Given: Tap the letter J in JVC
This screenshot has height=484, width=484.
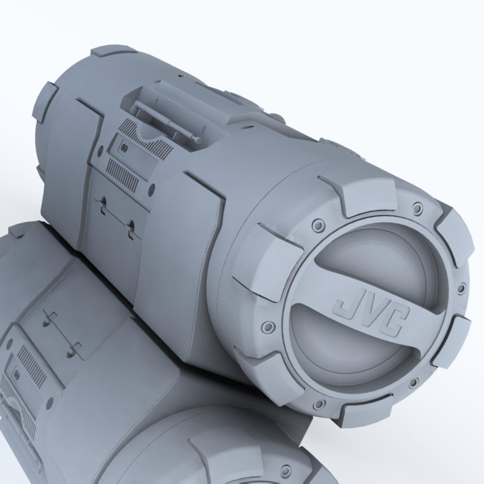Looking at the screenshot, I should point(346,306).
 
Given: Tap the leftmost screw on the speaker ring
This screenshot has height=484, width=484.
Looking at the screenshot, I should point(268,327).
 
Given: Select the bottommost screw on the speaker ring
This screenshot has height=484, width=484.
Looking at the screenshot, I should point(319,404).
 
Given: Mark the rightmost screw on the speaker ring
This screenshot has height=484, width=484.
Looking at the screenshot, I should point(460,289).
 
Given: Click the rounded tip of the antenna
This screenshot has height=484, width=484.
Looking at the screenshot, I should point(198,141).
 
